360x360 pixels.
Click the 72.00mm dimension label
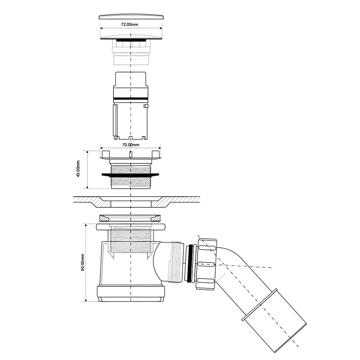tap(130, 24)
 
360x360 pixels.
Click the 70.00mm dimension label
tap(131, 145)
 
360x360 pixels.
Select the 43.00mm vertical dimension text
tap(78, 169)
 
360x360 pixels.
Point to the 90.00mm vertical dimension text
tap(83, 262)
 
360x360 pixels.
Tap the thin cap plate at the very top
tap(131, 17)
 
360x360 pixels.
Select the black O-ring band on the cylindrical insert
tap(131, 99)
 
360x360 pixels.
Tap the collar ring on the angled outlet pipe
tap(260, 305)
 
